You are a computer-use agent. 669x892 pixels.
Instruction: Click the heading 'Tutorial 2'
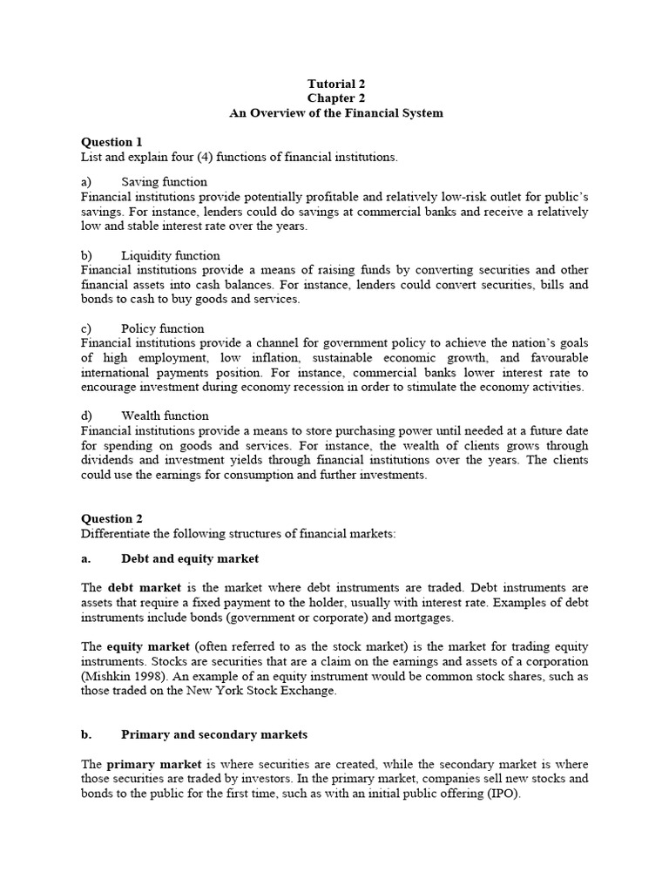335,84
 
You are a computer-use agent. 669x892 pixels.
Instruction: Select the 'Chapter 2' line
335,98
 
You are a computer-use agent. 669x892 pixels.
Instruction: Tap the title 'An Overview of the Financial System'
335,113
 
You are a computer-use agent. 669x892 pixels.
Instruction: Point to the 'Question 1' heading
111,142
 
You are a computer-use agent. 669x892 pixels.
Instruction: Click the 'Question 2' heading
111,518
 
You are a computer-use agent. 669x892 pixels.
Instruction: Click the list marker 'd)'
87,416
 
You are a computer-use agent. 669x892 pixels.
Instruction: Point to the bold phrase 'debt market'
144,588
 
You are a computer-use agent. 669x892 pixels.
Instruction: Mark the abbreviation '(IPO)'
501,794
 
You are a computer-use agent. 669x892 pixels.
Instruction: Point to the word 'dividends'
109,460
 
